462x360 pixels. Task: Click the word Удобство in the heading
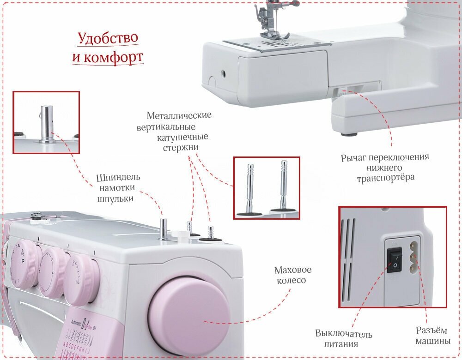[x=107, y=38]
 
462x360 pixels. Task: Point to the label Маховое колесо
[x=293, y=275]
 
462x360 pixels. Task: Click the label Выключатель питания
[x=344, y=339]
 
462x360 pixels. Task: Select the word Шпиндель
[x=118, y=178]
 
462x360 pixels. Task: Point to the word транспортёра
[x=385, y=177]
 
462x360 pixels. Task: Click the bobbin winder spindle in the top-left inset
[x=47, y=124]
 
